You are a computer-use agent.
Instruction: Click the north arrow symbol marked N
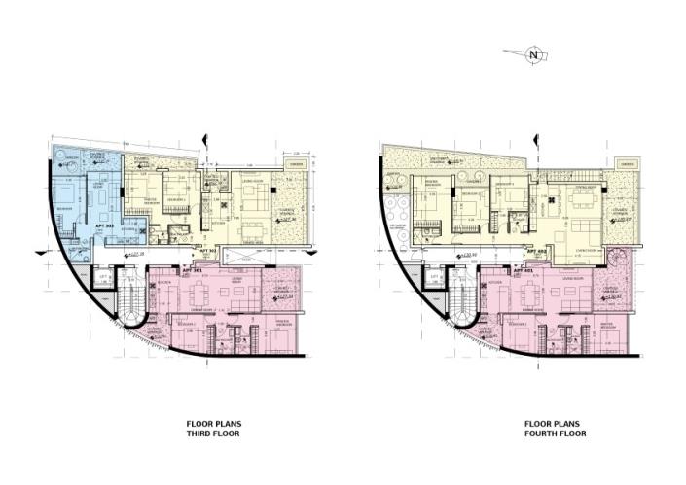532,55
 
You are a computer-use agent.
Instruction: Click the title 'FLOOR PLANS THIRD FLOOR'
213,429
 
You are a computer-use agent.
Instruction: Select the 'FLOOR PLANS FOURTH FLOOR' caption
553,429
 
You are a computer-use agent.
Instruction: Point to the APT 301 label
192,270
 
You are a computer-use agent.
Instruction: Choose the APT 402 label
534,252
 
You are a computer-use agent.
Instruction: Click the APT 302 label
206,251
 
